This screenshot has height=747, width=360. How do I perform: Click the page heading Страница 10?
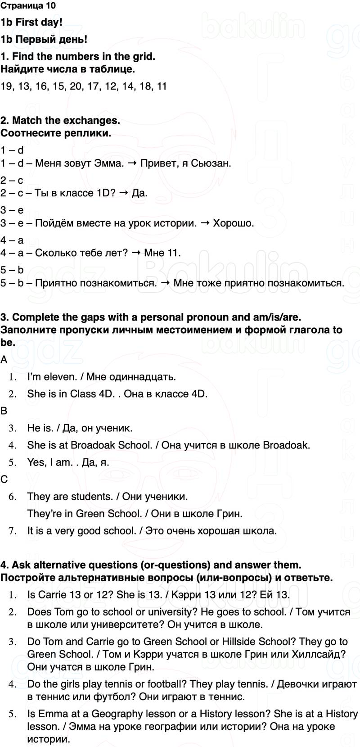(28, 6)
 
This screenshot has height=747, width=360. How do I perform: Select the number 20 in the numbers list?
(76, 86)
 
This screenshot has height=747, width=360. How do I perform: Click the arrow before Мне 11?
(136, 253)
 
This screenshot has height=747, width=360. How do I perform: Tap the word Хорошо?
(233, 223)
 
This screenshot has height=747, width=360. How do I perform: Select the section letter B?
(4, 411)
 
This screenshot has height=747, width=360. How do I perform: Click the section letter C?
(4, 479)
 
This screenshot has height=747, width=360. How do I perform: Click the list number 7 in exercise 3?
(13, 530)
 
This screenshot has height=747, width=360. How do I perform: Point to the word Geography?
(119, 714)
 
